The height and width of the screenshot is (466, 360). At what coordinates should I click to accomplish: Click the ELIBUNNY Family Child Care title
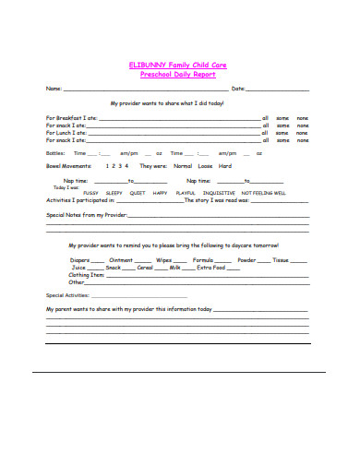pyautogui.click(x=179, y=64)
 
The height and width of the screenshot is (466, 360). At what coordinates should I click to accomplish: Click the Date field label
pyautogui.click(x=237, y=89)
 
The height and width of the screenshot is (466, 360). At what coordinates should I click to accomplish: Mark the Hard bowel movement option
pyautogui.click(x=224, y=166)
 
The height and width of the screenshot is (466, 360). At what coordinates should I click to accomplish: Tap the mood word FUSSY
pyautogui.click(x=90, y=192)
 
